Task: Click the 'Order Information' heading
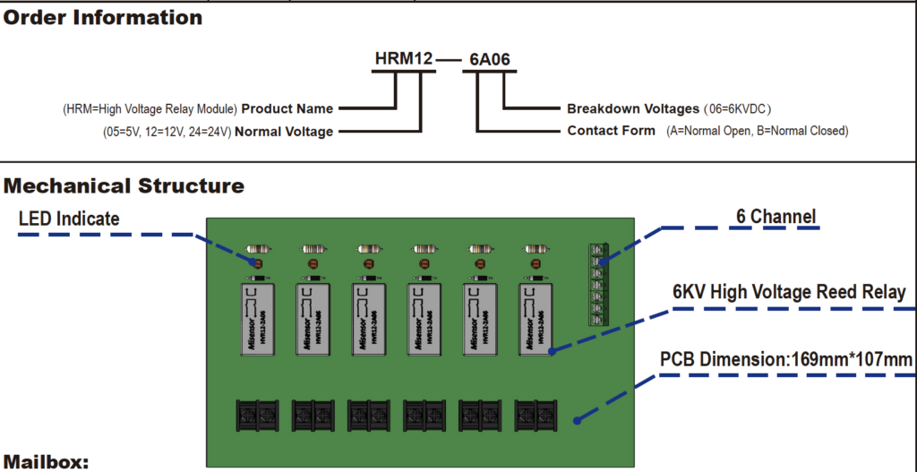[103, 17]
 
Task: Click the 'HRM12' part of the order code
[404, 60]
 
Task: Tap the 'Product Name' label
[287, 109]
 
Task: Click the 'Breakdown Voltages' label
[633, 109]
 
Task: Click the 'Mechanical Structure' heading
[124, 186]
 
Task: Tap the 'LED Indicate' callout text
[69, 219]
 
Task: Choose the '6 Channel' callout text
[776, 217]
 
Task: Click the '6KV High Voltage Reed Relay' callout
[789, 293]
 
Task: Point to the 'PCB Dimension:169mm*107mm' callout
[786, 360]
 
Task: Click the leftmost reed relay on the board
[257, 319]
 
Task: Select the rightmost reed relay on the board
[536, 319]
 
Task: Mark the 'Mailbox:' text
[46, 462]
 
